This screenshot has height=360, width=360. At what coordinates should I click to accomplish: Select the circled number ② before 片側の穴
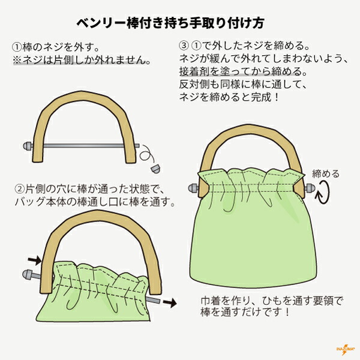coord(19,190)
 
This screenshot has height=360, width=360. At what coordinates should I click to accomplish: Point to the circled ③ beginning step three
coord(184,46)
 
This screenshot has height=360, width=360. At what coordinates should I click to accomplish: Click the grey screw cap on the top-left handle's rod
coord(27,145)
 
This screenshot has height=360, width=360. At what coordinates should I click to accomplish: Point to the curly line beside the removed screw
coord(146,154)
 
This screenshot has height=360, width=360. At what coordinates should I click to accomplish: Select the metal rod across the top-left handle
coord(84,145)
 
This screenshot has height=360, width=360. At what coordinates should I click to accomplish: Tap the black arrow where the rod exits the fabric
coord(169,304)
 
